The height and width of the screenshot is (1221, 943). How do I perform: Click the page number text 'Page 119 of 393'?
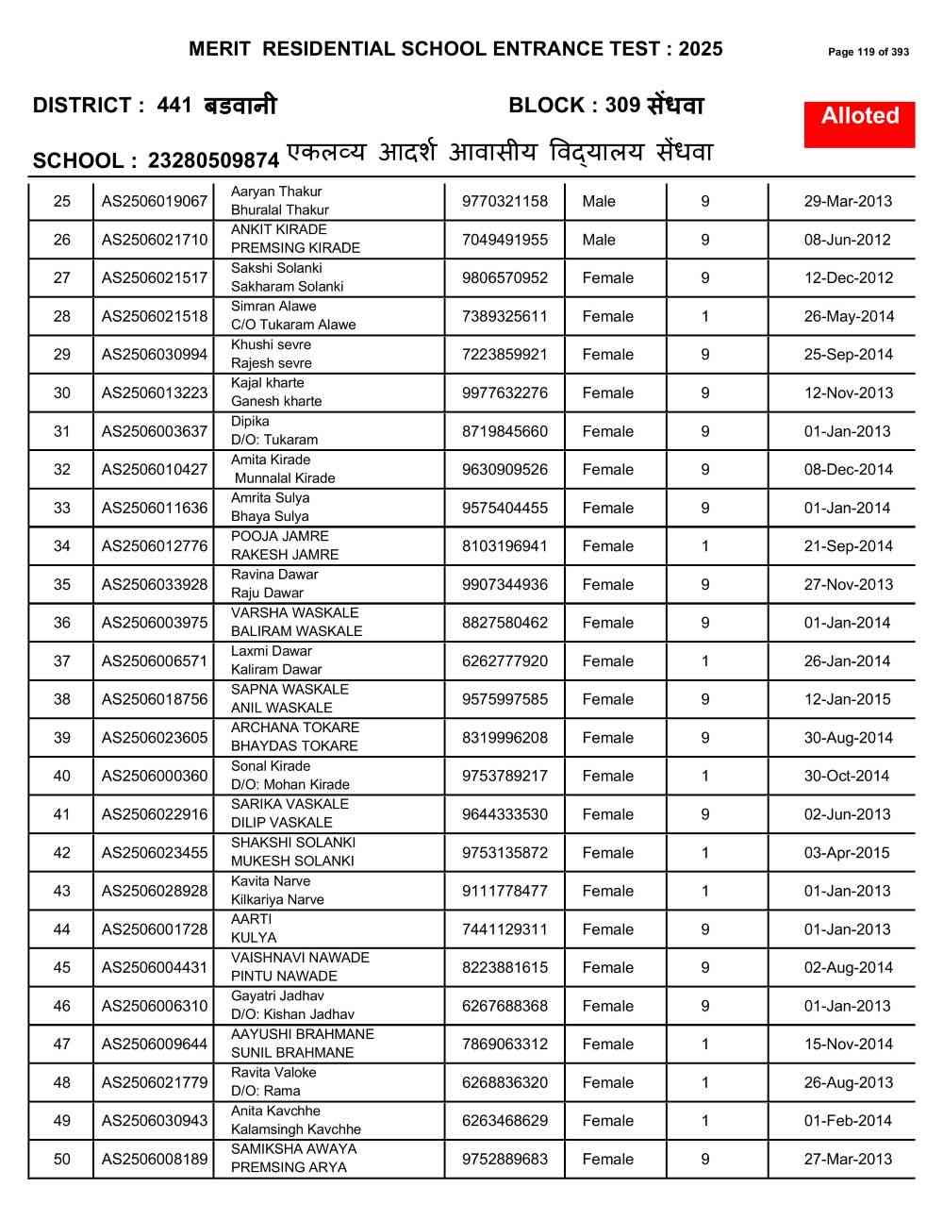869,52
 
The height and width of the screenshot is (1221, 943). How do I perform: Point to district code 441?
175,106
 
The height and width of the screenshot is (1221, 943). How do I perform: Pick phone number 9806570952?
505,277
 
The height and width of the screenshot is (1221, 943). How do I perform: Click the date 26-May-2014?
847,316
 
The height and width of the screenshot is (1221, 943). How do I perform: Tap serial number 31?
62,431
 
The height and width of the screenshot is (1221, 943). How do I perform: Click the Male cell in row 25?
599,201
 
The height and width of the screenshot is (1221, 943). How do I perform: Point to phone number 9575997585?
505,699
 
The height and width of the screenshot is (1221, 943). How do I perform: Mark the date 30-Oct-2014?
847,776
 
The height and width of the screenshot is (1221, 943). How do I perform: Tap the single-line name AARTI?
251,919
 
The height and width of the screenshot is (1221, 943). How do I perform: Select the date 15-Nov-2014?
847,1044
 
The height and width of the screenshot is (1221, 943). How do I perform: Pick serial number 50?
62,1159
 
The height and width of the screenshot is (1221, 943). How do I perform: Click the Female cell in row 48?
608,1082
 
